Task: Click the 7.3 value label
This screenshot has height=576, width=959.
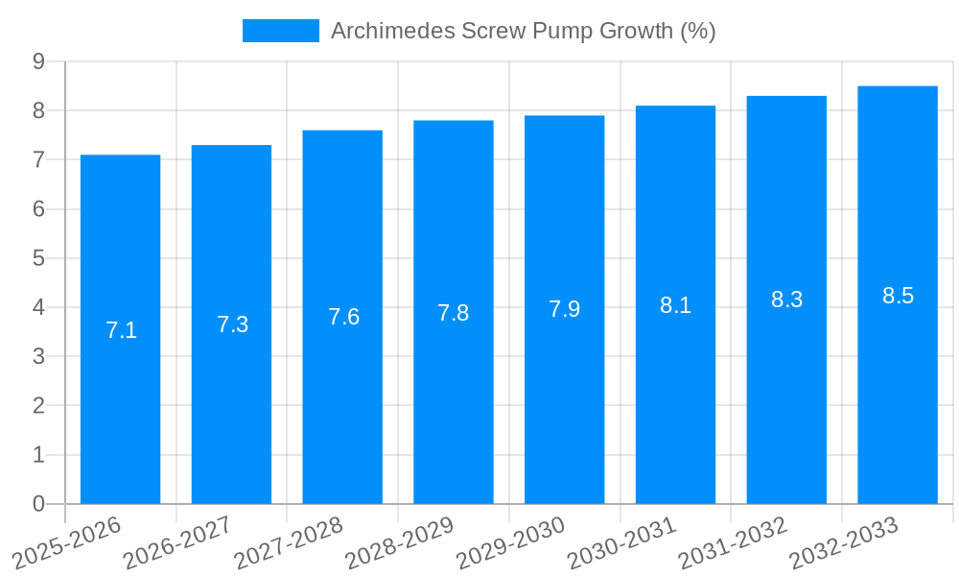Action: [x=232, y=324]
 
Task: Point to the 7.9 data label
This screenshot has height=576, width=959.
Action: [x=564, y=309]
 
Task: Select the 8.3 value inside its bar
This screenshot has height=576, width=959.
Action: [x=786, y=300]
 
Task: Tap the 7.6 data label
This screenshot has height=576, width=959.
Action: [x=343, y=317]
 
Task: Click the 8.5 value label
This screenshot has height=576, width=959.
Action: [x=898, y=296]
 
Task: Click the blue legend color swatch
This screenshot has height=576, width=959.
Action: [x=280, y=31]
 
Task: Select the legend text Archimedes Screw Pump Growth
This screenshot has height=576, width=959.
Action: [x=523, y=31]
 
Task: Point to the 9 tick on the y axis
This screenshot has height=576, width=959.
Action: [x=38, y=61]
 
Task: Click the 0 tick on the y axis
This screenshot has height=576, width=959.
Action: [x=38, y=504]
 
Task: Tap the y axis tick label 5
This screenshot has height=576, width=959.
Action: [x=38, y=258]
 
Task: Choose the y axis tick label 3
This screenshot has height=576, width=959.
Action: [x=38, y=356]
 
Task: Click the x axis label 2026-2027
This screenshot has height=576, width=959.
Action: [x=177, y=542]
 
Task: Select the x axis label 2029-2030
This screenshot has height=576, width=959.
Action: [x=510, y=542]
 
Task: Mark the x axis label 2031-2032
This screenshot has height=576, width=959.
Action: [x=733, y=542]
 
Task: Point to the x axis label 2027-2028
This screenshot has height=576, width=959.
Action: [x=288, y=542]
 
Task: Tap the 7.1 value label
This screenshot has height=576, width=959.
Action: [x=121, y=331]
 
